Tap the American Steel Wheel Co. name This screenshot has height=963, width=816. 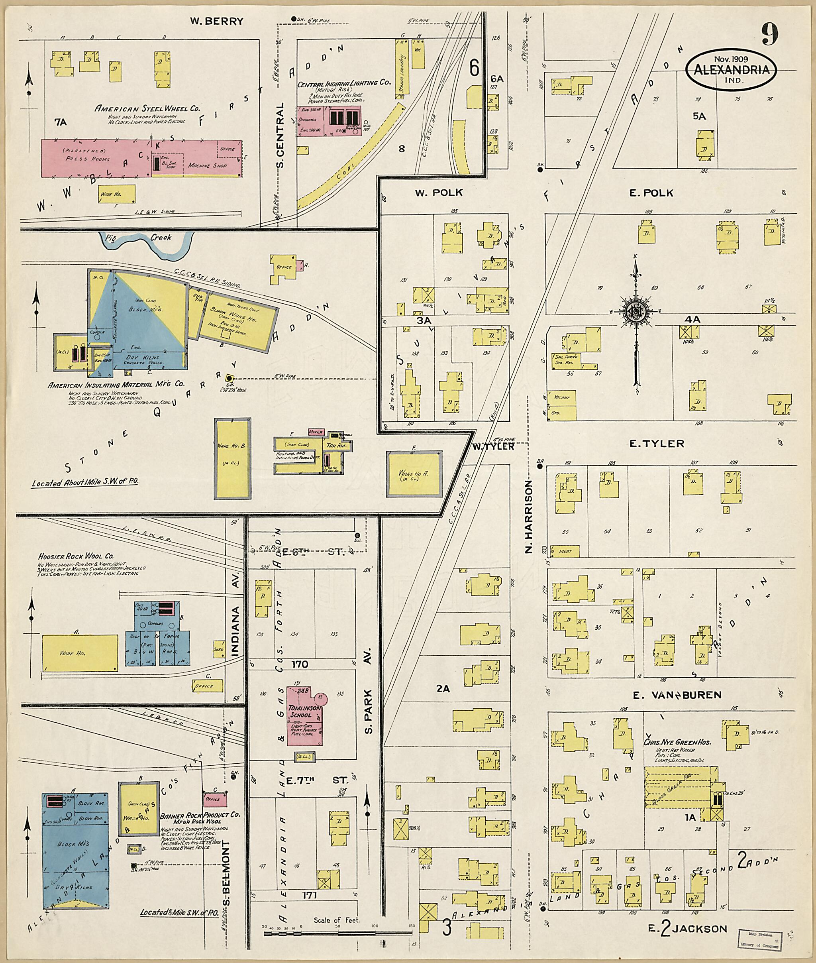[x=147, y=109]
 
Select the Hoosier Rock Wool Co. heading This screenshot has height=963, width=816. [x=76, y=556]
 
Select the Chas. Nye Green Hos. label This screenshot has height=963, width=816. [x=677, y=742]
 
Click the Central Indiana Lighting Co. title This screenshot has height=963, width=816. [x=344, y=83]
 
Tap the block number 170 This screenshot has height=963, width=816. [x=300, y=664]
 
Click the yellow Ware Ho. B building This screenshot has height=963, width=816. [x=233, y=459]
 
